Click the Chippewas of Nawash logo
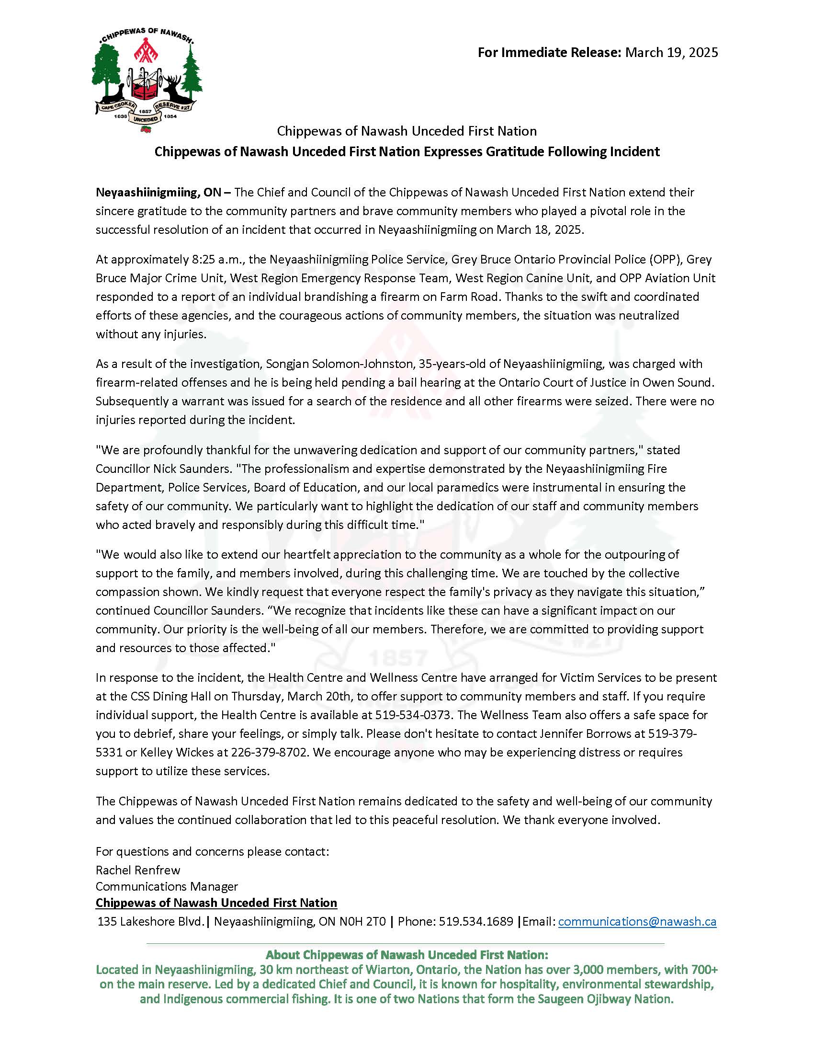[x=147, y=79]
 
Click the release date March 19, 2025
[x=671, y=52]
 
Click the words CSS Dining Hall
[x=171, y=697]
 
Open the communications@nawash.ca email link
[x=637, y=922]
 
